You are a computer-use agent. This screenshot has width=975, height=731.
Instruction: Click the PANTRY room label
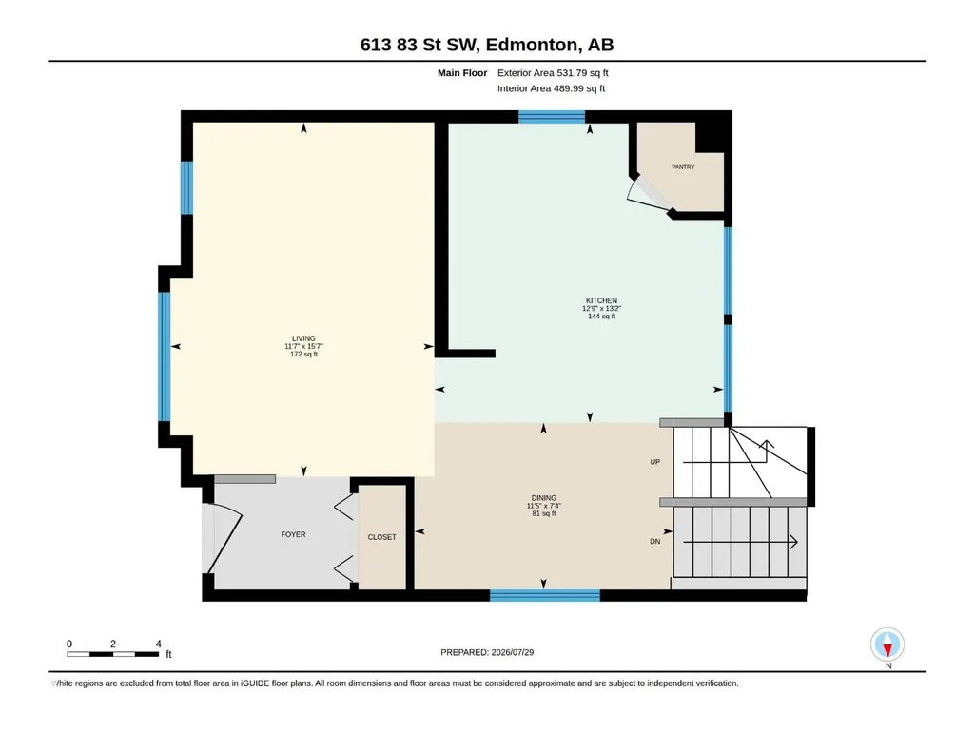pyautogui.click(x=683, y=167)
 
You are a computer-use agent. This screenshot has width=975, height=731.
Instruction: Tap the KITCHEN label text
pyautogui.click(x=601, y=300)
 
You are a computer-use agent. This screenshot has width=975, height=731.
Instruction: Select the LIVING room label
pyautogui.click(x=303, y=338)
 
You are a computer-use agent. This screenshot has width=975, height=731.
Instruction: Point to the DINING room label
pyautogui.click(x=543, y=498)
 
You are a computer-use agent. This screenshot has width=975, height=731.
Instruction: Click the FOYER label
pyautogui.click(x=293, y=534)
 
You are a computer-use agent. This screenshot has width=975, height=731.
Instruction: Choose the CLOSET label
pyautogui.click(x=381, y=537)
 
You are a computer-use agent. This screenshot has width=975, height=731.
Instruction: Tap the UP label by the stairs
pyautogui.click(x=654, y=462)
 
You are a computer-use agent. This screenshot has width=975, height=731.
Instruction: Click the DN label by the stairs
pyautogui.click(x=654, y=542)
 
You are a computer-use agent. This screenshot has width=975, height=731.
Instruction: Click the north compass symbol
pyautogui.click(x=887, y=645)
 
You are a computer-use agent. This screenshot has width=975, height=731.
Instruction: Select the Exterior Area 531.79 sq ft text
pyautogui.click(x=553, y=73)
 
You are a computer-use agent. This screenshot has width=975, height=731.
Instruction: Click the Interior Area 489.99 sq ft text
pyautogui.click(x=551, y=88)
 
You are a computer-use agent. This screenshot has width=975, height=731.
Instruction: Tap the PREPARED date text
pyautogui.click(x=487, y=652)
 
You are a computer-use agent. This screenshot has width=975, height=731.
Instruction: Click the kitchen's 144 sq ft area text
pyautogui.click(x=601, y=317)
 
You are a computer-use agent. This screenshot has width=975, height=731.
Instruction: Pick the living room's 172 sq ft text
pyautogui.click(x=303, y=355)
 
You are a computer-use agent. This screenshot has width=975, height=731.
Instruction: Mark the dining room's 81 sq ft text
pyautogui.click(x=543, y=513)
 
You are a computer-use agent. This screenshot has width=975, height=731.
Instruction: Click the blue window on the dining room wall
pyautogui.click(x=545, y=595)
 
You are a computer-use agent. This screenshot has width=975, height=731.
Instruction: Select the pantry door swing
pyautogui.click(x=647, y=195)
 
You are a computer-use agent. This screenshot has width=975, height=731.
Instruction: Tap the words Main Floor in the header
pyautogui.click(x=462, y=73)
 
